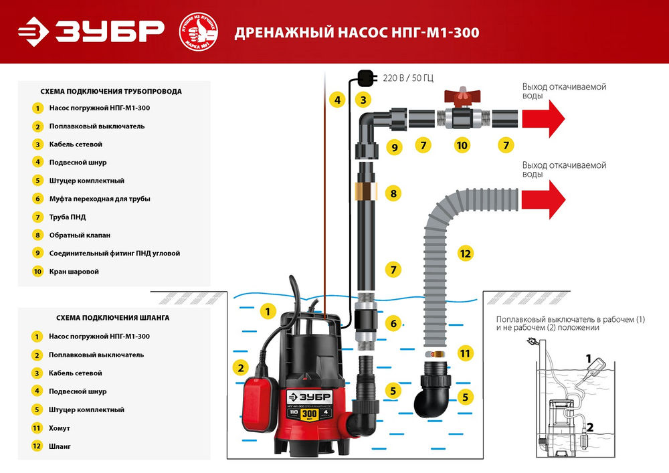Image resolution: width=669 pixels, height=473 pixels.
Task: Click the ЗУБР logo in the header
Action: click(x=91, y=31)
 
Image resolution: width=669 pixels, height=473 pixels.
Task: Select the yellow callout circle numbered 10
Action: click(x=461, y=145)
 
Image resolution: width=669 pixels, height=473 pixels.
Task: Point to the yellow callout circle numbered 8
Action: click(x=394, y=194)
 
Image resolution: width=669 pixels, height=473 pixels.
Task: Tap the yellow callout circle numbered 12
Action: click(x=465, y=254)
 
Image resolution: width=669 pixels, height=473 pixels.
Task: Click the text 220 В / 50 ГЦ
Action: click(x=408, y=78)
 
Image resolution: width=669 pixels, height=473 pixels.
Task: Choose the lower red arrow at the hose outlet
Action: click(x=543, y=198)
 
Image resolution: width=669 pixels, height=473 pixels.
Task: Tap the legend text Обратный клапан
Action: click(x=80, y=235)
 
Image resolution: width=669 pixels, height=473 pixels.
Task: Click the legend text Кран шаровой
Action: click(x=74, y=272)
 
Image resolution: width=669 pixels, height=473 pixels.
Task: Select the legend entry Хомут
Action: click(x=60, y=428)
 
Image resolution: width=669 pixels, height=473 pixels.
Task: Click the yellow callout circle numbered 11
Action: click(x=465, y=353)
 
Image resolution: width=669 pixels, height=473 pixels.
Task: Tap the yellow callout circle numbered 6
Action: click(x=394, y=324)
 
